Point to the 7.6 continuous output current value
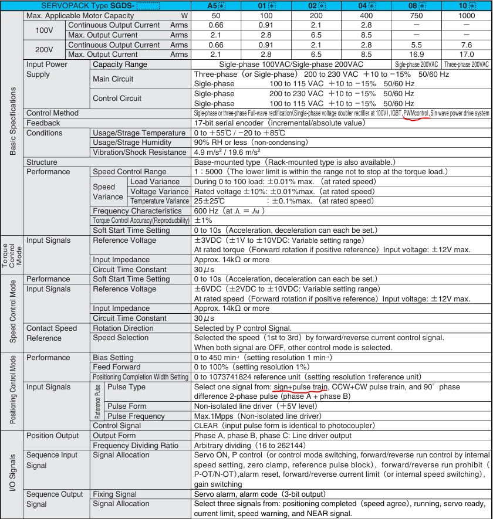467,45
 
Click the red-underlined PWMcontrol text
416,113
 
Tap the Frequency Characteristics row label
137,211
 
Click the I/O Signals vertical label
12,477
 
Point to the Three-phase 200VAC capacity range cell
467,65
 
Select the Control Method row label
52,113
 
